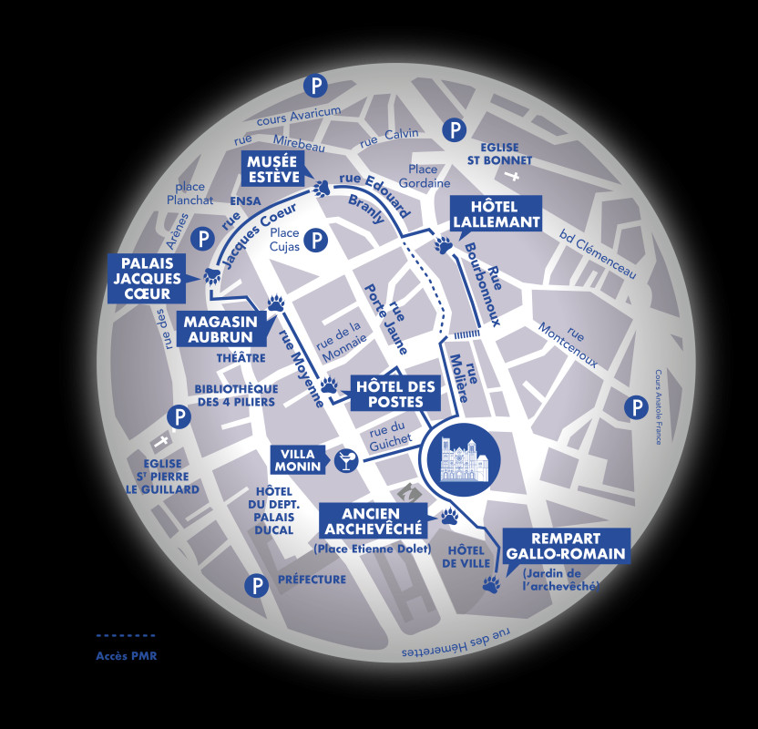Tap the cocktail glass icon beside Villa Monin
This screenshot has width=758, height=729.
[x=346, y=461]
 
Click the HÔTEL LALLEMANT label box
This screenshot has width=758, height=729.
[x=495, y=213]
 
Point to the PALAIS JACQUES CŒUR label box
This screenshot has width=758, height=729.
[x=145, y=277]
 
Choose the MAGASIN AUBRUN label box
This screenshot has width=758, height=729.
[x=222, y=329]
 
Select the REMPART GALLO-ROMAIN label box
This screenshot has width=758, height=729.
[x=566, y=545]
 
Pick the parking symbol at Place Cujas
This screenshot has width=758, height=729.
[x=315, y=241]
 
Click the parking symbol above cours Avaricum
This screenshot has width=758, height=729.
[x=315, y=87]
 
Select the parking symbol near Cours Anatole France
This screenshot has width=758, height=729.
[x=636, y=407]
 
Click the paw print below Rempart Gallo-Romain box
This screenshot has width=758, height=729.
[x=492, y=584]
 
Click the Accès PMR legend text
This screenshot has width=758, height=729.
[x=127, y=656]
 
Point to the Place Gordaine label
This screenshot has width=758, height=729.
[x=423, y=176]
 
